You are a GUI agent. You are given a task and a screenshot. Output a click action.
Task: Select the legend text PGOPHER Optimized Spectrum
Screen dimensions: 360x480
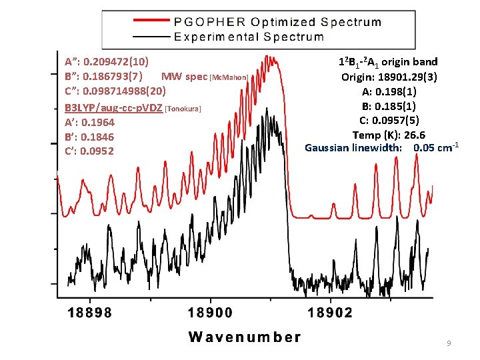pyautogui.click(x=277, y=21)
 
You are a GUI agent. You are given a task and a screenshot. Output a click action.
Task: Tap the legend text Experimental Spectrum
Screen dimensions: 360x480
pyautogui.click(x=249, y=36)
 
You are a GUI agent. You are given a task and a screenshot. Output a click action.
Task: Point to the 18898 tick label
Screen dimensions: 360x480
pyautogui.click(x=90, y=312)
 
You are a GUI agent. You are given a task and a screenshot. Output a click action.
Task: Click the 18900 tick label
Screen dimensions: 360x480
pyautogui.click(x=211, y=312)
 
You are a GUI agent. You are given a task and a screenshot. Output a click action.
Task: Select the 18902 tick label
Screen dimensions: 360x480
pyautogui.click(x=331, y=312)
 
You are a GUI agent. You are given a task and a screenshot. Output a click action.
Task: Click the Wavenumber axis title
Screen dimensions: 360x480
pyautogui.click(x=245, y=337)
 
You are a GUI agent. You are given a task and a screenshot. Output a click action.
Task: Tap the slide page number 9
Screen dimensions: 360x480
pyautogui.click(x=449, y=343)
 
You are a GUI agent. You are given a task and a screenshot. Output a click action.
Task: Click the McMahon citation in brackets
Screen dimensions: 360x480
pyautogui.click(x=229, y=78)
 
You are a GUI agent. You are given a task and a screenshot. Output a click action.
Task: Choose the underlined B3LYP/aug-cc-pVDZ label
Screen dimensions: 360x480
pyautogui.click(x=113, y=107)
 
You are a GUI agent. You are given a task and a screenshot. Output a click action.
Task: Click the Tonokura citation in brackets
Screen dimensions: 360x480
pyautogui.click(x=183, y=108)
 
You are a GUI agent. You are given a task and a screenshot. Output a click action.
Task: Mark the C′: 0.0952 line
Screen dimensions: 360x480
pyautogui.click(x=89, y=151)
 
